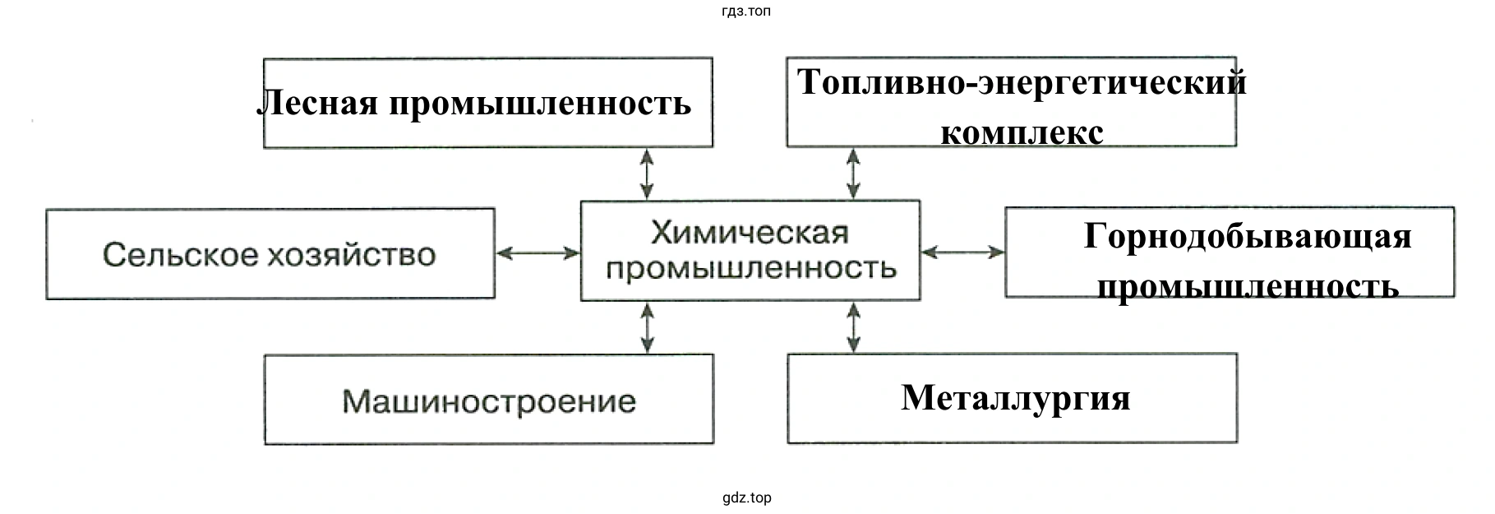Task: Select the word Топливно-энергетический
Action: (1022, 82)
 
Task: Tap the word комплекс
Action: (1022, 132)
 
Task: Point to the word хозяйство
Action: (352, 255)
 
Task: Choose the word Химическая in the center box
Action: (750, 234)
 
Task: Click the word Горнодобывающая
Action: (1248, 236)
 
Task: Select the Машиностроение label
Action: (489, 402)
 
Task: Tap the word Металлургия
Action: (1016, 398)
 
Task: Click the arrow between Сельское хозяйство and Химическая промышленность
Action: (538, 253)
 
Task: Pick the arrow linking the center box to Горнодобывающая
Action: (962, 252)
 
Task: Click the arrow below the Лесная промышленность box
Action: (648, 174)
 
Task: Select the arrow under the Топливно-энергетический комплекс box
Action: (854, 173)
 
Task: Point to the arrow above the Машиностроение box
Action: (648, 327)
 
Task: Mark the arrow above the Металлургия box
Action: (854, 327)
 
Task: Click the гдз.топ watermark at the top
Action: (747, 12)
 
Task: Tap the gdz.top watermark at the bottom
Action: (747, 498)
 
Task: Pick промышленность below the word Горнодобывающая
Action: (1248, 287)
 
